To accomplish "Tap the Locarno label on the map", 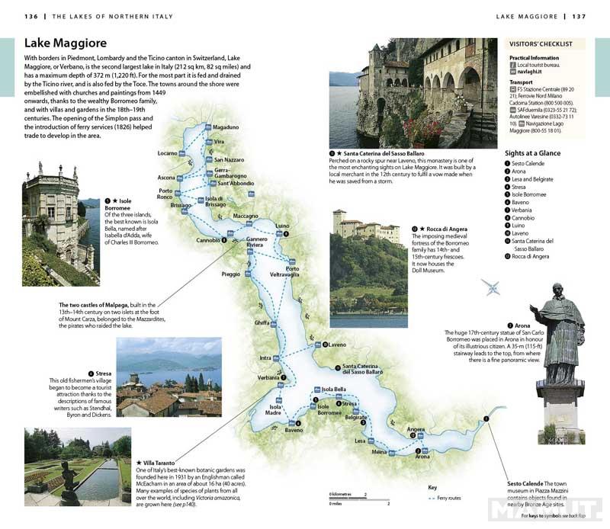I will (x=167, y=153).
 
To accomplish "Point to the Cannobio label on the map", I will (x=207, y=241).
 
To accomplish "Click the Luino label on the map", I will (x=283, y=226).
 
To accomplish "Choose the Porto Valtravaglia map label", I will (x=291, y=271).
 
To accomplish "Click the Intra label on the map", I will (x=265, y=357).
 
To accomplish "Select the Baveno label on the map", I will (x=294, y=431).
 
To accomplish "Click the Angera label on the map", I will (x=416, y=430).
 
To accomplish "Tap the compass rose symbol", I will (x=492, y=288).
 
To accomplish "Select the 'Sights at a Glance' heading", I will (x=537, y=152).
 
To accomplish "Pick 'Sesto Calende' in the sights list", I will (x=531, y=164).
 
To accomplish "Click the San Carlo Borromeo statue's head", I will (x=559, y=291).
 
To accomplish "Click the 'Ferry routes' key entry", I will (x=448, y=498).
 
